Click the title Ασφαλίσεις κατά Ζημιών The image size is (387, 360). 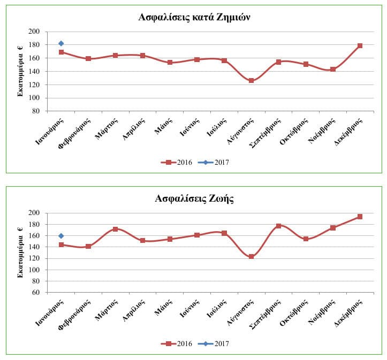pos(194,17)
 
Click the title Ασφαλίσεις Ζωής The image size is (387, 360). pos(194,199)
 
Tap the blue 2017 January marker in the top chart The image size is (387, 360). pos(61,43)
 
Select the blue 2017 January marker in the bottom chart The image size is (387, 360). pos(61,235)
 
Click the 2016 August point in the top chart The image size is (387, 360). pos(251,80)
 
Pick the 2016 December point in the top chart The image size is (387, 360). pos(360,45)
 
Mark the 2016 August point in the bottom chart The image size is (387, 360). pos(251,257)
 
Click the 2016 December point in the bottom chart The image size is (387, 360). pos(360,217)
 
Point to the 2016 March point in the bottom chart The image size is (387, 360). pos(115,229)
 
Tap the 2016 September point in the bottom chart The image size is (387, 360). pos(278,226)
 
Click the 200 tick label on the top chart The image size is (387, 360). pos(35,32)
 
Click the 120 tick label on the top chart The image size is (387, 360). pos(35,85)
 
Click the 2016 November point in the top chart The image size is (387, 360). pos(333,69)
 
